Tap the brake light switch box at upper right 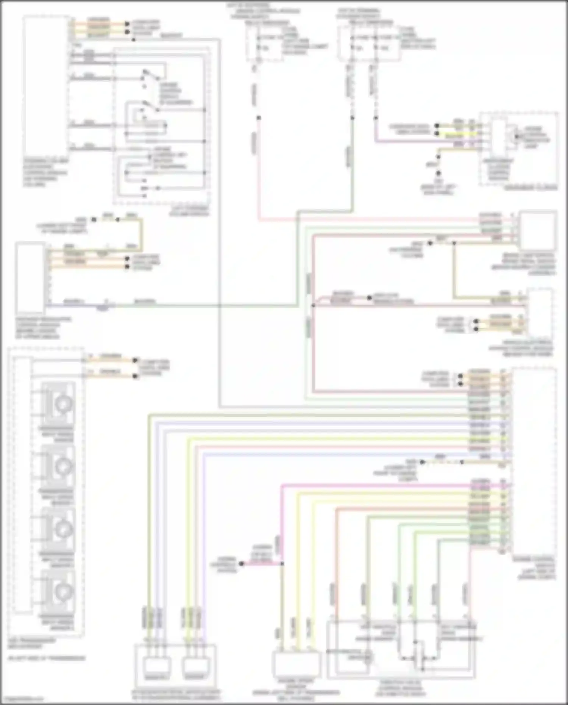point(538,231)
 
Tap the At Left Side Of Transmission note point(47,658)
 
